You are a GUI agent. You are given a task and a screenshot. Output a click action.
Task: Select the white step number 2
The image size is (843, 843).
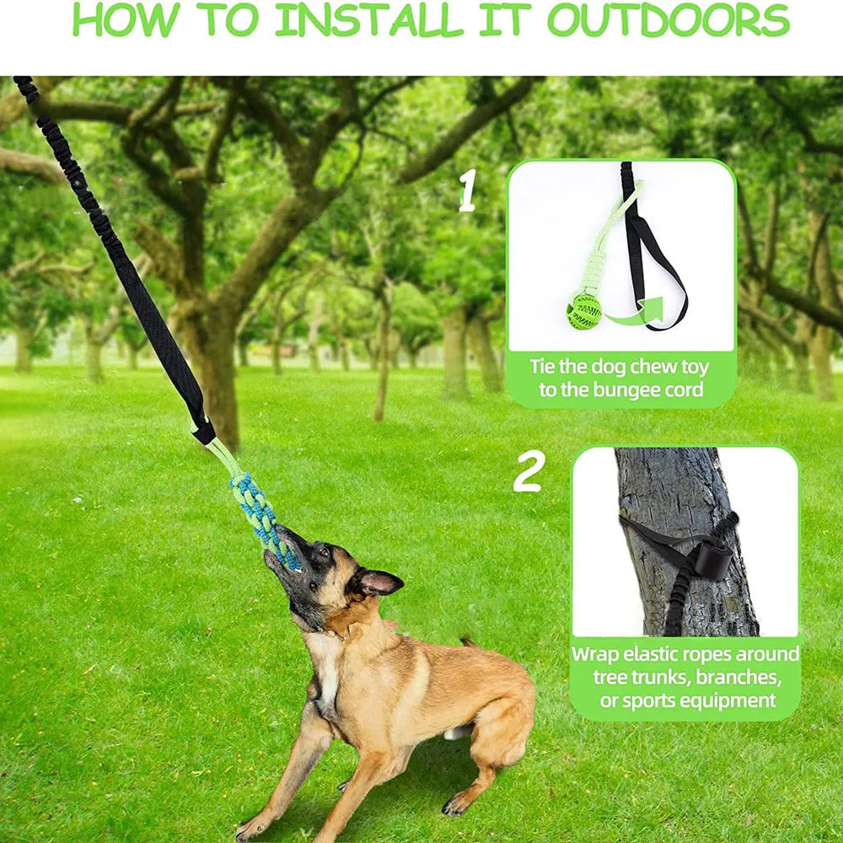528,475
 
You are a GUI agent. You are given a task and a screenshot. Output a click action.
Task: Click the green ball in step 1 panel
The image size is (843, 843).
583,312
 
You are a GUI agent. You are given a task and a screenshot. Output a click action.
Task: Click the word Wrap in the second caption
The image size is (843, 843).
597,654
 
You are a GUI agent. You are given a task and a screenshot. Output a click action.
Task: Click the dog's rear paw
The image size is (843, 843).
456,805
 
